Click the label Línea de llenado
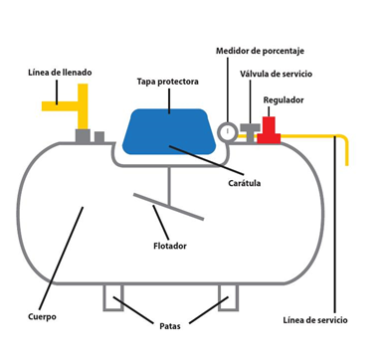click(60, 73)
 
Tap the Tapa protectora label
click(168, 82)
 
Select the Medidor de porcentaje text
click(260, 51)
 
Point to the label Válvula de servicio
click(277, 74)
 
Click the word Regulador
click(284, 99)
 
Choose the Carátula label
click(245, 183)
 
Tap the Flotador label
click(170, 246)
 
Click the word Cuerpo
click(42, 317)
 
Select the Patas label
click(170, 326)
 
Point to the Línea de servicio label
click(315, 320)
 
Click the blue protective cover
click(169, 131)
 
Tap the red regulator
click(269, 130)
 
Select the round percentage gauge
click(228, 131)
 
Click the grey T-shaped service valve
click(251, 132)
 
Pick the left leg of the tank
click(113, 297)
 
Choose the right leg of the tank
click(228, 297)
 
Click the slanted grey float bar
click(168, 206)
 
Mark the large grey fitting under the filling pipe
click(83, 136)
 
